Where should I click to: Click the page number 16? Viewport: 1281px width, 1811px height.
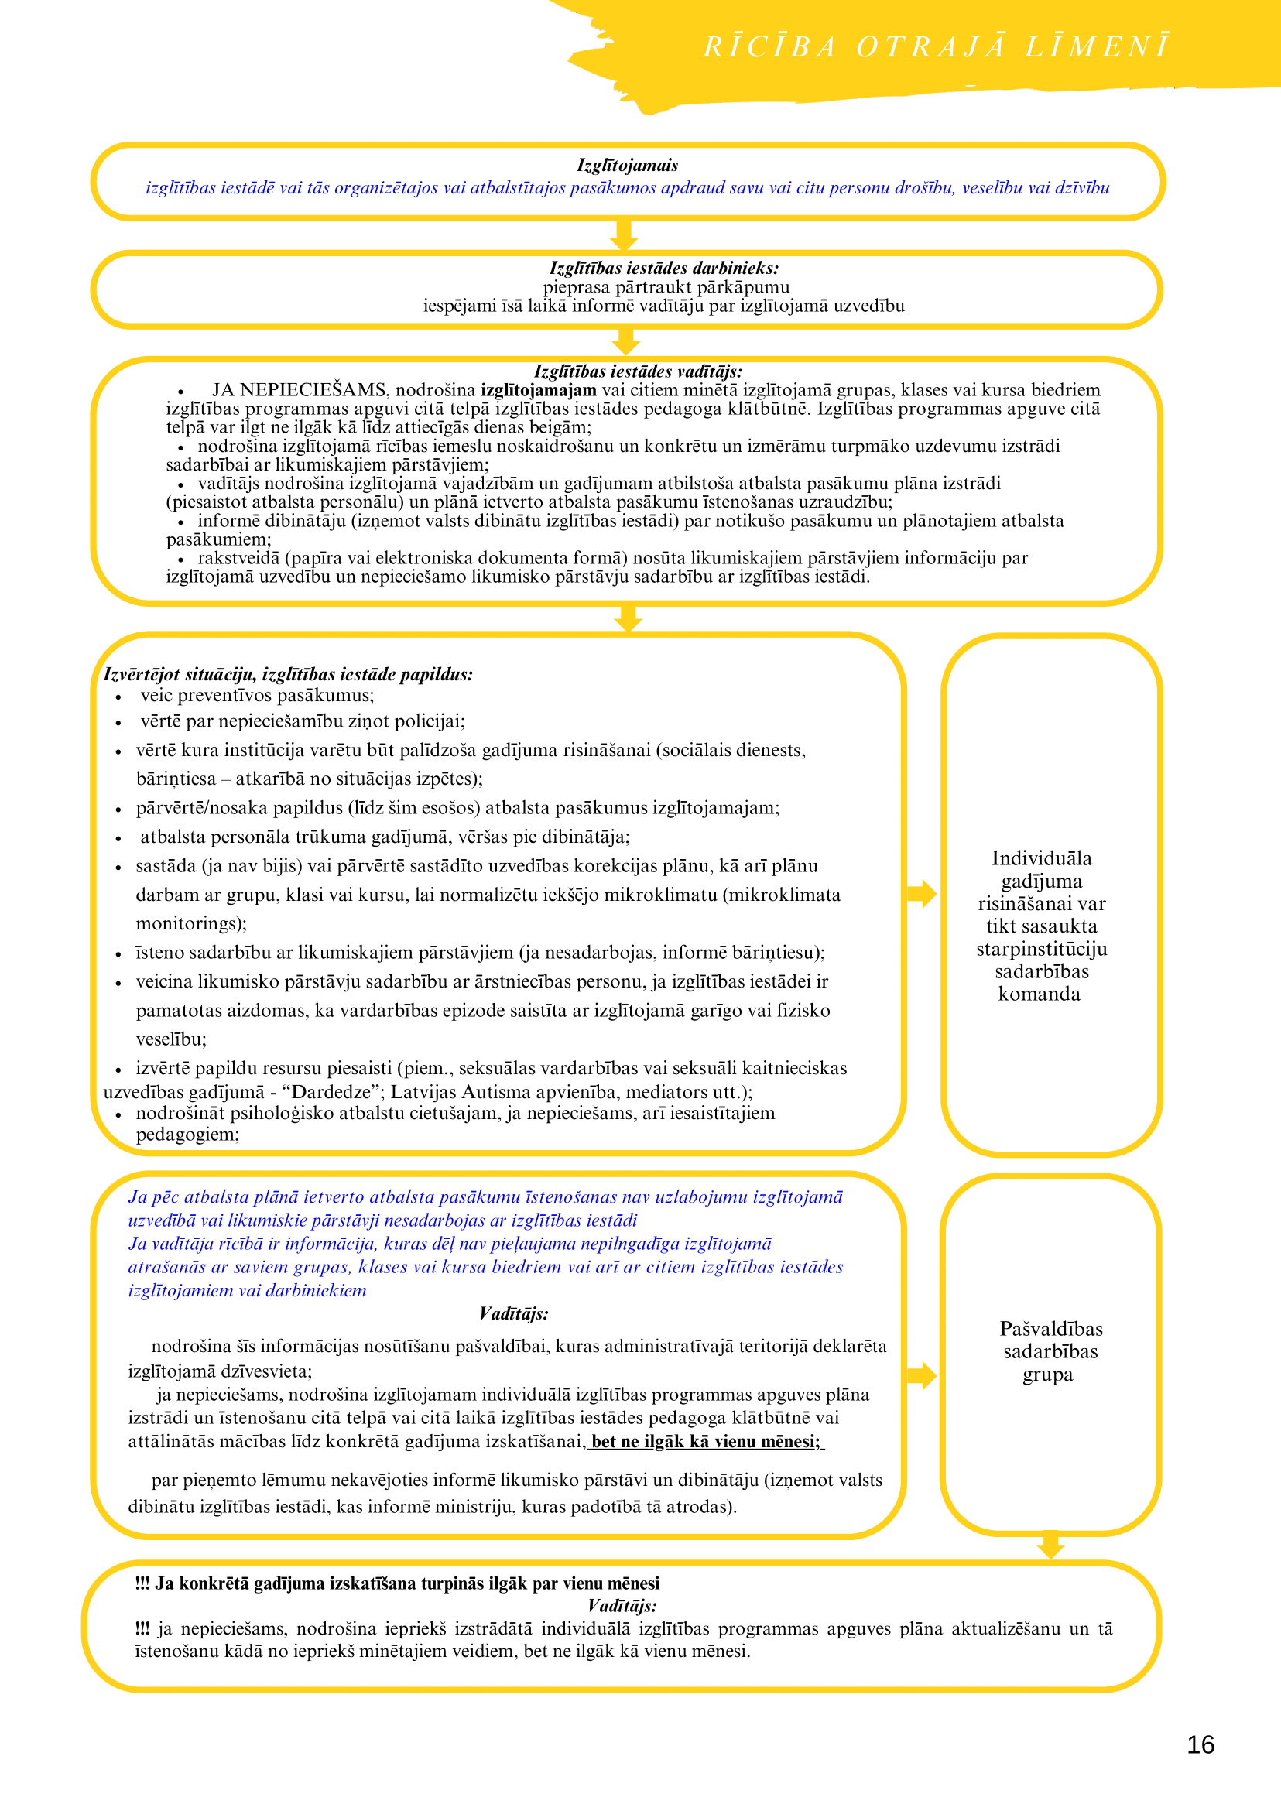point(1200,1744)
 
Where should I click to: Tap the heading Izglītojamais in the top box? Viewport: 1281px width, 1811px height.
point(627,166)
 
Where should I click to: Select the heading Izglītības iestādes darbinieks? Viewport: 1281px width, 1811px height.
point(663,269)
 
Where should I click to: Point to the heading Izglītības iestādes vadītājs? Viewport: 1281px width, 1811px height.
point(638,371)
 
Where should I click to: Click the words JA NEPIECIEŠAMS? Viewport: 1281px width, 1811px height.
point(299,390)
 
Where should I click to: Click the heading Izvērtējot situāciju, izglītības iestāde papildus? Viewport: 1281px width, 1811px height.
point(288,674)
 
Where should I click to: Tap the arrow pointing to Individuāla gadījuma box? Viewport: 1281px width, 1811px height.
point(921,894)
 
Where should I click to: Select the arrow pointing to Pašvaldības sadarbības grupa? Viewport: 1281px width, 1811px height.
point(921,1375)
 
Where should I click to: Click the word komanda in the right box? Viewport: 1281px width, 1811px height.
point(1039,994)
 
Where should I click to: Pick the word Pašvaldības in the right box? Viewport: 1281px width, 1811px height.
point(1050,1329)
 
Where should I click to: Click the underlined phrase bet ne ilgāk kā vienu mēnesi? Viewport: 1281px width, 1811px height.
point(705,1442)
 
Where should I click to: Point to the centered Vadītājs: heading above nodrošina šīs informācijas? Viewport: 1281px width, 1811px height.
point(513,1314)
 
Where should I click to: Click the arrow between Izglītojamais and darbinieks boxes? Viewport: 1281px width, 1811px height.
point(624,235)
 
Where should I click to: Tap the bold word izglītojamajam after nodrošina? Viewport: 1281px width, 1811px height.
point(539,390)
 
